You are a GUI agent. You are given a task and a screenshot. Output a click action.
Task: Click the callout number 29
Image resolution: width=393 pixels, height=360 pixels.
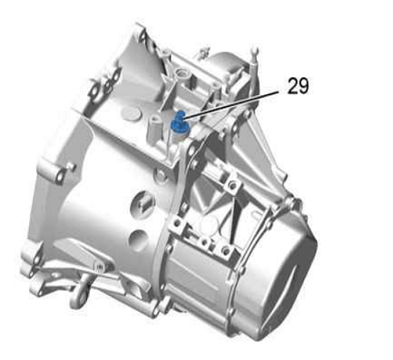298,86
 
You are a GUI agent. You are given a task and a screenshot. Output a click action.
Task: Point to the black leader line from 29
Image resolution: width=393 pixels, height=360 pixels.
231,103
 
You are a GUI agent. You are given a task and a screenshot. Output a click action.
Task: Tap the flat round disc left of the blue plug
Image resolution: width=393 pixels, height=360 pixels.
131,114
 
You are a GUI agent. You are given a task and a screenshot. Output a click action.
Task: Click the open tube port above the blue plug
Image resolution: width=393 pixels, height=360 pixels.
182,73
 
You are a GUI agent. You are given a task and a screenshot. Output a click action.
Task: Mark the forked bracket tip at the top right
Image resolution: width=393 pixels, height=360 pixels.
255,54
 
